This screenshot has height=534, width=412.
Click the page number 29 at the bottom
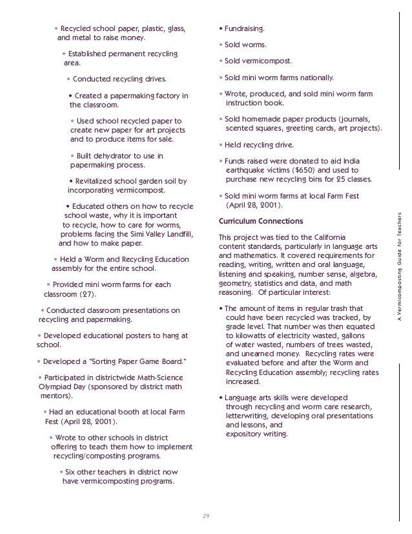click(207, 515)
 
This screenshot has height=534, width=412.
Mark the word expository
click(245, 434)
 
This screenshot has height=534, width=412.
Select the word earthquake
click(248, 170)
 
